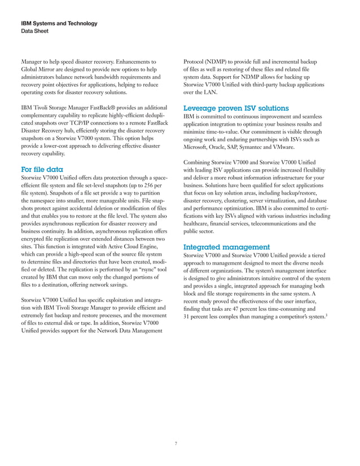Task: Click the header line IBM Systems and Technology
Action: (x=59, y=24)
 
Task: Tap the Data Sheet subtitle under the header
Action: (x=34, y=32)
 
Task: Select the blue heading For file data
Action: (x=42, y=169)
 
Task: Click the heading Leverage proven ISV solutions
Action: (x=236, y=108)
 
